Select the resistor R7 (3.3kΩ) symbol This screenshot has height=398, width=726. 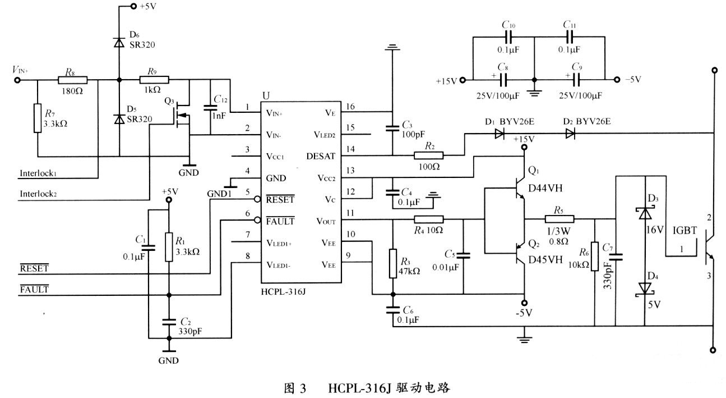(38, 117)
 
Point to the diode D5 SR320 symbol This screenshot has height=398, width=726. (119, 119)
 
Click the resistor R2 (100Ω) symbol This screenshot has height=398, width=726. (428, 155)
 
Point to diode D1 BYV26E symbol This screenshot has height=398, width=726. (498, 134)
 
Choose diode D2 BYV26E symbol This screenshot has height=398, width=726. (570, 134)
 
